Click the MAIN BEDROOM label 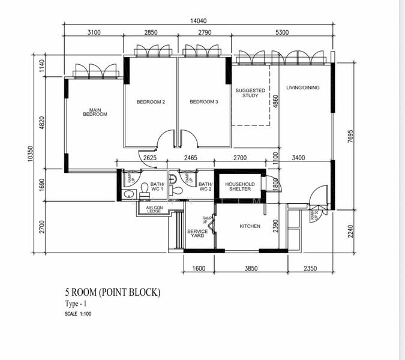tap(94, 112)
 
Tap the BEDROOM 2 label tap(151, 102)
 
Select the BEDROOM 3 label tap(203, 102)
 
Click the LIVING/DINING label tap(303, 88)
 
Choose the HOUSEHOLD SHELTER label tap(240, 187)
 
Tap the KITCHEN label tap(250, 226)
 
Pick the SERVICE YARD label tap(197, 233)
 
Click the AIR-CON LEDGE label tap(149, 209)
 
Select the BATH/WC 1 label tap(157, 187)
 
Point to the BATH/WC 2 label tap(205, 187)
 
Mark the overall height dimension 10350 tap(29, 155)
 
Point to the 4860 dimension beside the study tap(275, 100)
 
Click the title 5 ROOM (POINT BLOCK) tap(113, 293)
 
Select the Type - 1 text tap(76, 304)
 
